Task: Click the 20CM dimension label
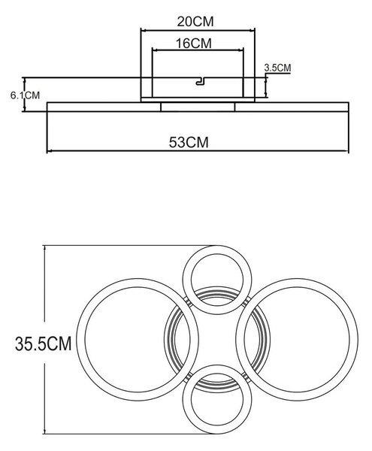pyautogui.click(x=195, y=22)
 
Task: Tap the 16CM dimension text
pyautogui.click(x=193, y=44)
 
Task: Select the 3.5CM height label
pyautogui.click(x=277, y=68)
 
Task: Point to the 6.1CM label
pyautogui.click(x=25, y=95)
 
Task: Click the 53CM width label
pyautogui.click(x=189, y=142)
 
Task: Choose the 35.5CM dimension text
pyautogui.click(x=43, y=344)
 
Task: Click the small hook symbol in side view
pyautogui.click(x=201, y=81)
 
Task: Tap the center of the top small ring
pyautogui.click(x=217, y=280)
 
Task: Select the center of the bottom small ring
pyautogui.click(x=217, y=400)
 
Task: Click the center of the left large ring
pyautogui.click(x=138, y=340)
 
